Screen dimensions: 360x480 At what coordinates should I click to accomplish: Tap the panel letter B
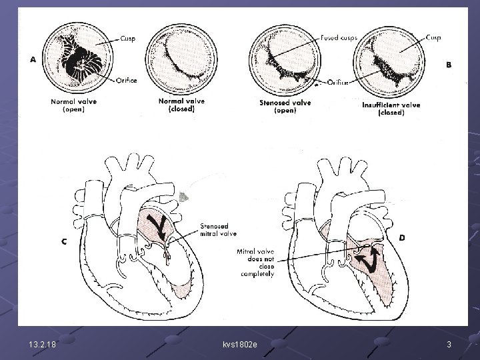click(x=448, y=65)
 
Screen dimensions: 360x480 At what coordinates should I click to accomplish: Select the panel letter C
click(x=64, y=242)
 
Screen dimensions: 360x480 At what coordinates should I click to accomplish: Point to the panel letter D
click(x=401, y=237)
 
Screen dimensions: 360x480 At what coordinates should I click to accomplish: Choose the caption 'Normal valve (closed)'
click(x=181, y=105)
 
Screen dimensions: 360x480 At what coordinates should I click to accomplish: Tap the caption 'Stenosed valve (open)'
click(x=285, y=106)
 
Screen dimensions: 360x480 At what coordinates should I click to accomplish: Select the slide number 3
click(x=449, y=343)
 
